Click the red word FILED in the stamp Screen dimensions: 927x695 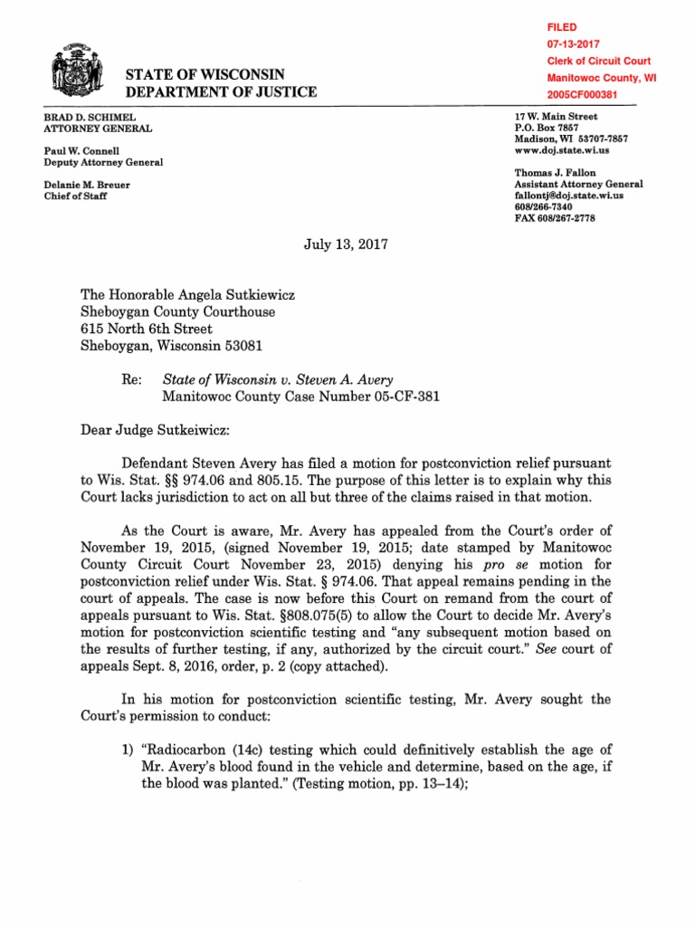coord(561,28)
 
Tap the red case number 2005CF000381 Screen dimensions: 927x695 coord(585,95)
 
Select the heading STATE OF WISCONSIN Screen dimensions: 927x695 coord(206,74)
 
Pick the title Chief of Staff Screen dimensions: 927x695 coord(75,196)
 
